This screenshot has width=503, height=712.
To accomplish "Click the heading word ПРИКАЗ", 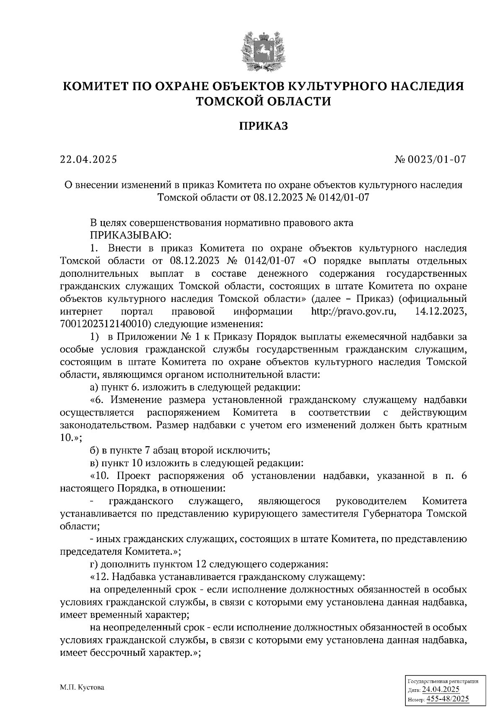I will [x=264, y=126].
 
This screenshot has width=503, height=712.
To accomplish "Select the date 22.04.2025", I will [x=88, y=160].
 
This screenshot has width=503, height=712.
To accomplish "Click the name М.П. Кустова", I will [x=82, y=688].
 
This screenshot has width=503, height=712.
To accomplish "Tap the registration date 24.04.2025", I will [x=441, y=689].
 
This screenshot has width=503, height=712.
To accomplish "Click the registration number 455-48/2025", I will [x=448, y=699].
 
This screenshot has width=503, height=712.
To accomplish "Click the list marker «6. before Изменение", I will [x=99, y=400].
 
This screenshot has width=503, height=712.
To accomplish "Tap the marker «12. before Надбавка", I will [x=101, y=577].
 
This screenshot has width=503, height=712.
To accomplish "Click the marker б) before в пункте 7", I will [x=95, y=451].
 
